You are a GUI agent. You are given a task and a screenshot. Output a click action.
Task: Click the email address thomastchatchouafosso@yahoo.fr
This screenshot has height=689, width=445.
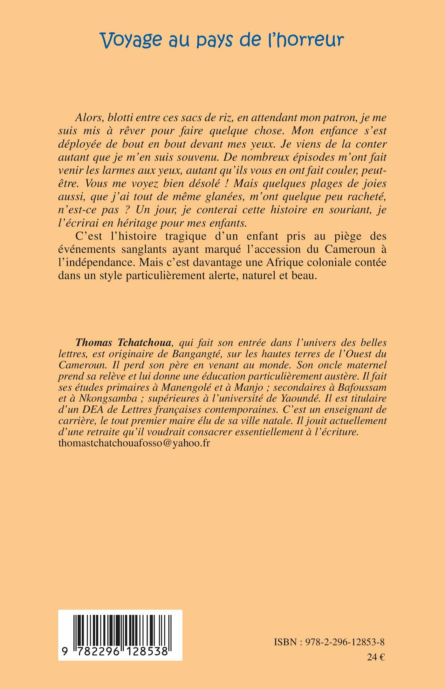click(x=134, y=443)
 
